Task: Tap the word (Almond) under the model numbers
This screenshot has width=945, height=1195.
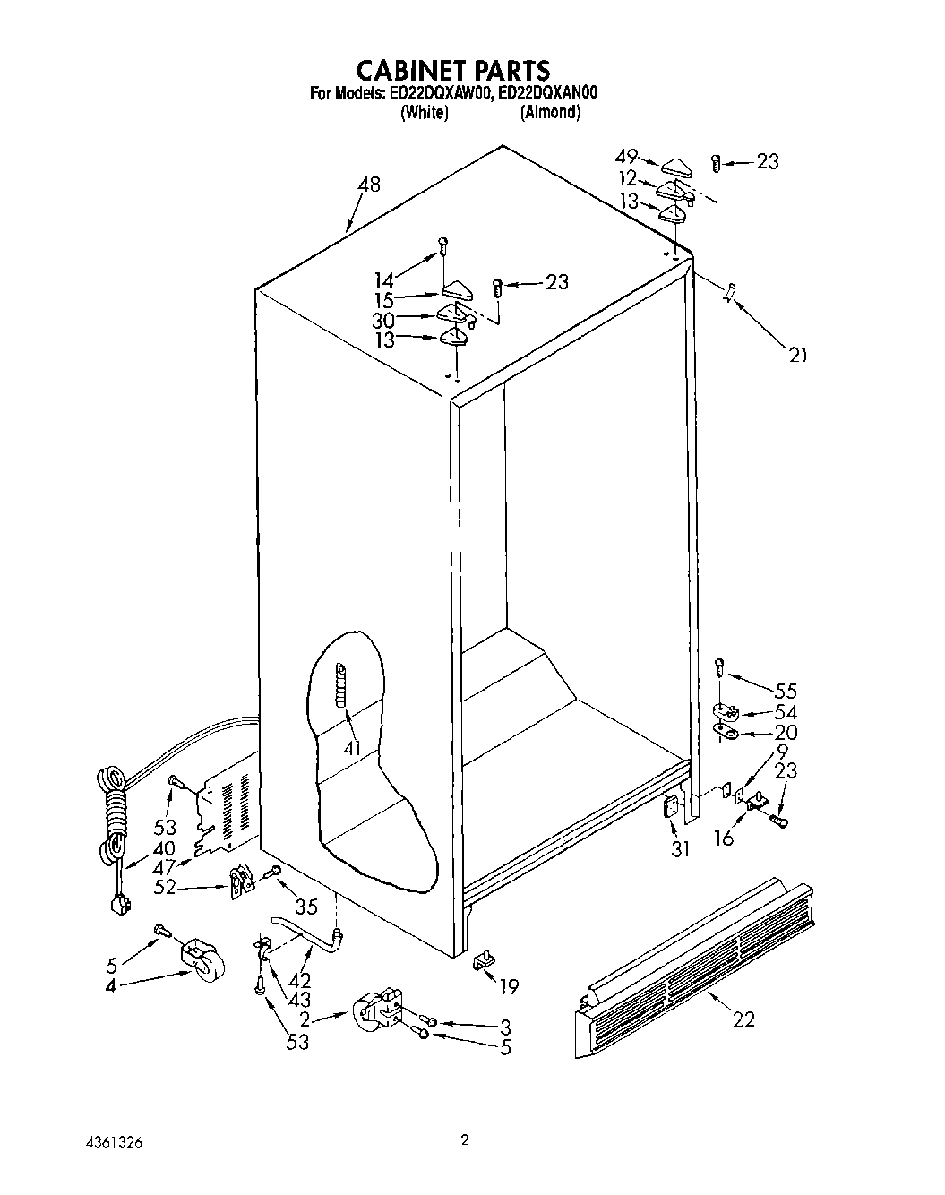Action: (x=550, y=113)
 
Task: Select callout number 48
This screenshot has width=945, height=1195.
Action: (x=368, y=185)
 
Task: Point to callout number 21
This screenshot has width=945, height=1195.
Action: (x=797, y=355)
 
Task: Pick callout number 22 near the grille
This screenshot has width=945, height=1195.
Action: (x=743, y=1019)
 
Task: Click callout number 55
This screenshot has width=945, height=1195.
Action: (x=785, y=692)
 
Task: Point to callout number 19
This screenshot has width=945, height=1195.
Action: (x=508, y=987)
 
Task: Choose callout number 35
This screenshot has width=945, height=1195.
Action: (x=306, y=906)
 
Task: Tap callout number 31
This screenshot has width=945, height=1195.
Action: (x=681, y=847)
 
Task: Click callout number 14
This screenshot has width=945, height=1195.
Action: (x=384, y=279)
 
